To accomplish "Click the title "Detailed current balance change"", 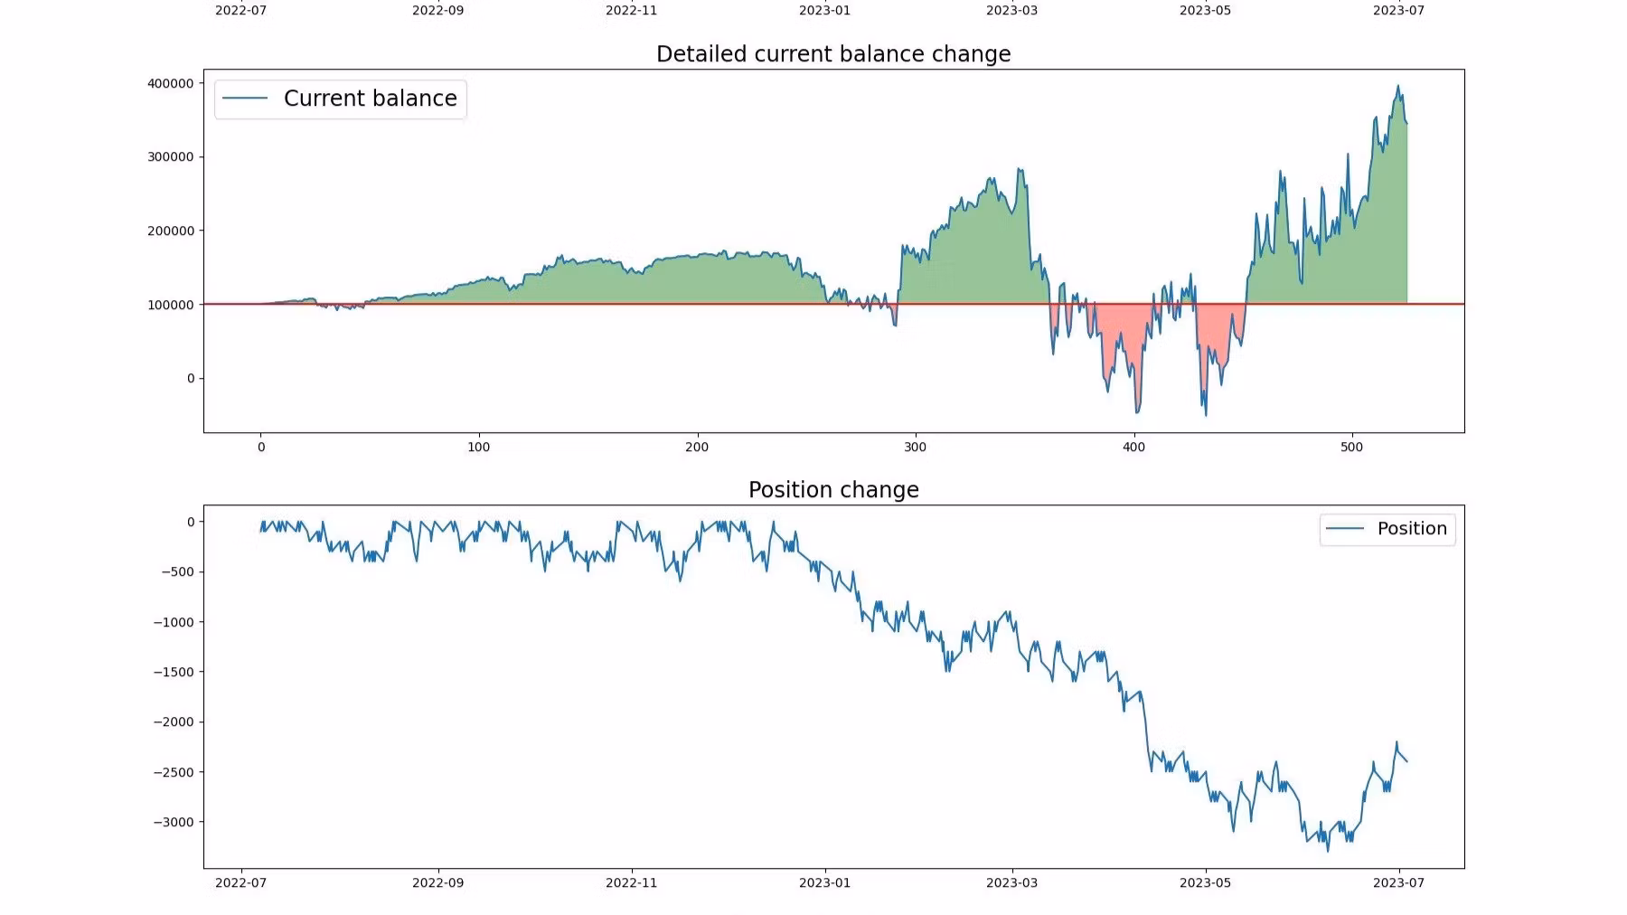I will click(x=832, y=54).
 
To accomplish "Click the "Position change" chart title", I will click(x=832, y=490).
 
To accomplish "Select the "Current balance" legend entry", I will click(x=370, y=99).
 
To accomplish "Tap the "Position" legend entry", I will click(x=1411, y=529).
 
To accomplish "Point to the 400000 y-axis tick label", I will click(x=171, y=83).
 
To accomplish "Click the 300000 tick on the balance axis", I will click(x=171, y=157).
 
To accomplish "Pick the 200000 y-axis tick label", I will click(x=171, y=231).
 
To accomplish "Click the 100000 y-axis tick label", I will click(x=171, y=306).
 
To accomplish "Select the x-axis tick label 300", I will click(x=915, y=448).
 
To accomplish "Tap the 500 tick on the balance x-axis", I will click(x=1351, y=448).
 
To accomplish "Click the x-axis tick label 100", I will click(x=479, y=448).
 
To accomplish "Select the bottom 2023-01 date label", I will click(x=824, y=883).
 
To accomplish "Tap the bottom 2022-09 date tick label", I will click(x=437, y=883).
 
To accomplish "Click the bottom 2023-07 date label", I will click(x=1398, y=883).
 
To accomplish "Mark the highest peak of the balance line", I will click(x=1397, y=87).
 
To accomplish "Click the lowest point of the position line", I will click(x=1328, y=851).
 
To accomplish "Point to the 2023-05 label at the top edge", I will click(x=1205, y=11).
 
